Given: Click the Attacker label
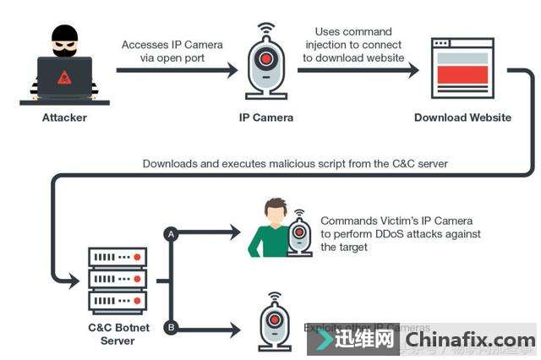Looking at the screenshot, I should pos(64,117).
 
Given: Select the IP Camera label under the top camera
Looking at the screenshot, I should pos(265,117).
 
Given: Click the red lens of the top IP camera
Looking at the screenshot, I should pos(266,60).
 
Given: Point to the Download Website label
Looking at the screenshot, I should pos(462,117).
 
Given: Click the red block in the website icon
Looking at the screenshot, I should pos(462,74).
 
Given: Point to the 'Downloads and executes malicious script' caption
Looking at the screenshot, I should pos(295,163).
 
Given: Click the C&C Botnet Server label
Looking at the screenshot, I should pos(117,334).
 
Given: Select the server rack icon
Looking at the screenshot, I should pos(117,280).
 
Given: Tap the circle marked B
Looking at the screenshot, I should pos(172,328).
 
